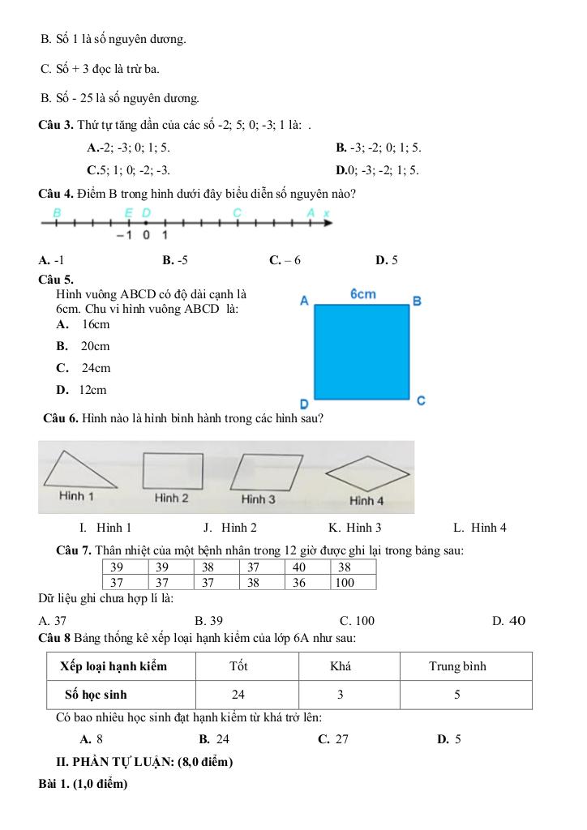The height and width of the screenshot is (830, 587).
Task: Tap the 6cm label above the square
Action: coord(362,293)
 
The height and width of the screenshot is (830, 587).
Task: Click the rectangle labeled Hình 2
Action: coord(173,470)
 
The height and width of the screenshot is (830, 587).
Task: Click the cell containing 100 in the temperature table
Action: coord(353,582)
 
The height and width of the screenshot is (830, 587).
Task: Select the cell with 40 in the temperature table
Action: coord(308,567)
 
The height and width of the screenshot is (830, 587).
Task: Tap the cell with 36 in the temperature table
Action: coord(308,582)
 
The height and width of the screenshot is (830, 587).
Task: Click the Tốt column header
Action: coord(238,666)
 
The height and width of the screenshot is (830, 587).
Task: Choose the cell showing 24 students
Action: coord(238,695)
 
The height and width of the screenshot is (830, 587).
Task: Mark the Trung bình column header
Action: coord(457,666)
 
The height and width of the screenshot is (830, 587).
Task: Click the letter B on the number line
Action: coord(57,212)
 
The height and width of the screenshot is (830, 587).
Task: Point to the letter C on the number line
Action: coord(237,212)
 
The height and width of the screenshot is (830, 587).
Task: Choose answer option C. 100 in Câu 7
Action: coord(358,621)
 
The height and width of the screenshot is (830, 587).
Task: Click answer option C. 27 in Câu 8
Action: coord(333,738)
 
